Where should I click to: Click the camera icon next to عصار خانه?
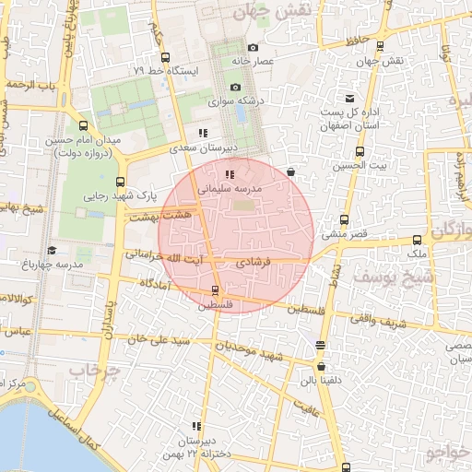pyautogui.click(x=254, y=48)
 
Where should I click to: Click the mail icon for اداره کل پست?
pyautogui.click(x=349, y=99)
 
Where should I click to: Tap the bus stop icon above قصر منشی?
pyautogui.click(x=344, y=220)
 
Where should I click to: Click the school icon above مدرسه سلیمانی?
pyautogui.click(x=229, y=173)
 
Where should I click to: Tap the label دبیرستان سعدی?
pyautogui.click(x=207, y=147)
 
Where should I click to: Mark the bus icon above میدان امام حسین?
pyautogui.click(x=84, y=126)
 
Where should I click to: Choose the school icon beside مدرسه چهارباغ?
pyautogui.click(x=52, y=250)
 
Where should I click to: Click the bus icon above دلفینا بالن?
pyautogui.click(x=320, y=346)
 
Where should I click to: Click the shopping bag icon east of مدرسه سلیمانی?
pyautogui.click(x=290, y=171)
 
